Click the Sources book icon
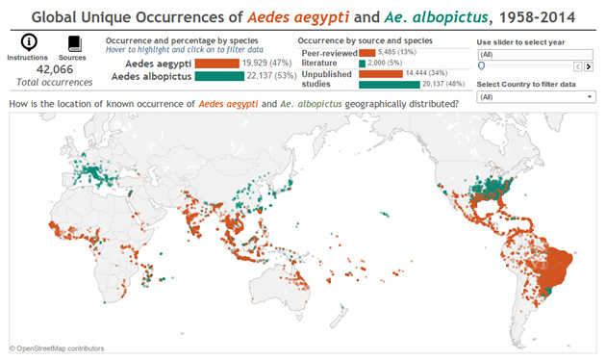pyautogui.click(x=73, y=43)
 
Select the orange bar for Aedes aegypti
pyautogui.click(x=220, y=63)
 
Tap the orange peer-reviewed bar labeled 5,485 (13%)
pyautogui.click(x=366, y=52)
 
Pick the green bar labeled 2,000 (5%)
pyautogui.click(x=362, y=63)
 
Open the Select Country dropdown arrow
pyautogui.click(x=587, y=97)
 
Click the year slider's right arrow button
pyautogui.click(x=587, y=66)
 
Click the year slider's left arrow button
pyautogui.click(x=576, y=66)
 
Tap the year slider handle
pyautogui.click(x=481, y=66)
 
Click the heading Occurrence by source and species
pyautogui.click(x=366, y=41)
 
